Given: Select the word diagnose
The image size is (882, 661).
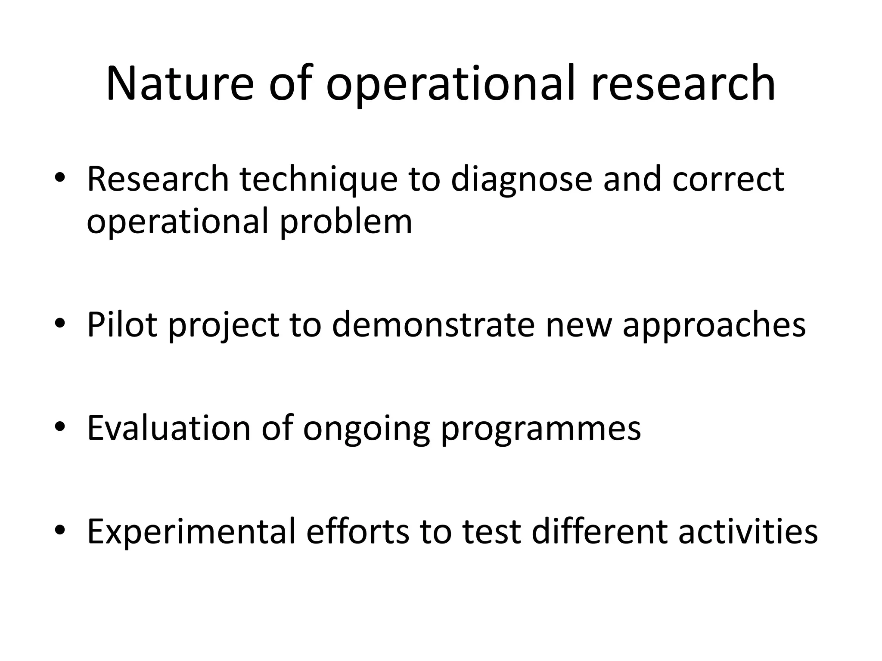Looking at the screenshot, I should coord(522,180).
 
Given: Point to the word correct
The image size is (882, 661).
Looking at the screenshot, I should coord(728,179).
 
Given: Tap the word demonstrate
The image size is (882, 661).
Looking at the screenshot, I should coord(433,325).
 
